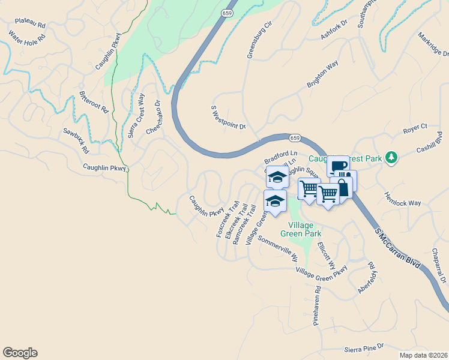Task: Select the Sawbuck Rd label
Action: point(76,140)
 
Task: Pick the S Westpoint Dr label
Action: point(229,118)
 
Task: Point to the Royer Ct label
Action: point(415,127)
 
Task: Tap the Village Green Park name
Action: point(300,229)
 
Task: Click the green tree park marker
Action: point(391,157)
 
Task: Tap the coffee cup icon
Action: point(338,167)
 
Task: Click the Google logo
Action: point(20,353)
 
